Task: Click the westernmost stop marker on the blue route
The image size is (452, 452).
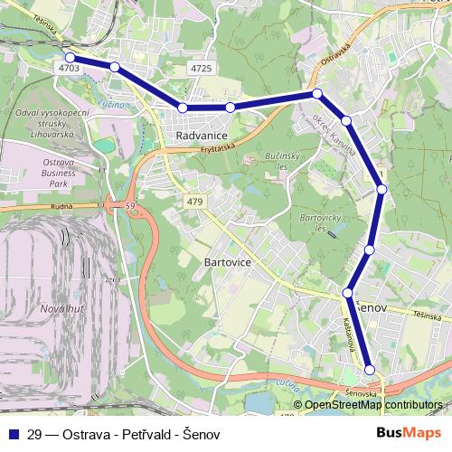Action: coord(71,57)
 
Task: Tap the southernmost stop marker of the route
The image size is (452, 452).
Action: coord(370,369)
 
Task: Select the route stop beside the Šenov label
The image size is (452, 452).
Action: coord(348,293)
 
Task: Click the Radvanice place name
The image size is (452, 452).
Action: coord(200,135)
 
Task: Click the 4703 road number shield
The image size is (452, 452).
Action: coord(67,67)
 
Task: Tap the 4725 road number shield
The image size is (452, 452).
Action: coord(202,68)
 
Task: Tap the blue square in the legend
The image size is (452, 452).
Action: coord(11,434)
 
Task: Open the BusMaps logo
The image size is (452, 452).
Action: coord(411,433)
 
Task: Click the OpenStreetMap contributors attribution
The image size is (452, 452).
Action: coord(372,406)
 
